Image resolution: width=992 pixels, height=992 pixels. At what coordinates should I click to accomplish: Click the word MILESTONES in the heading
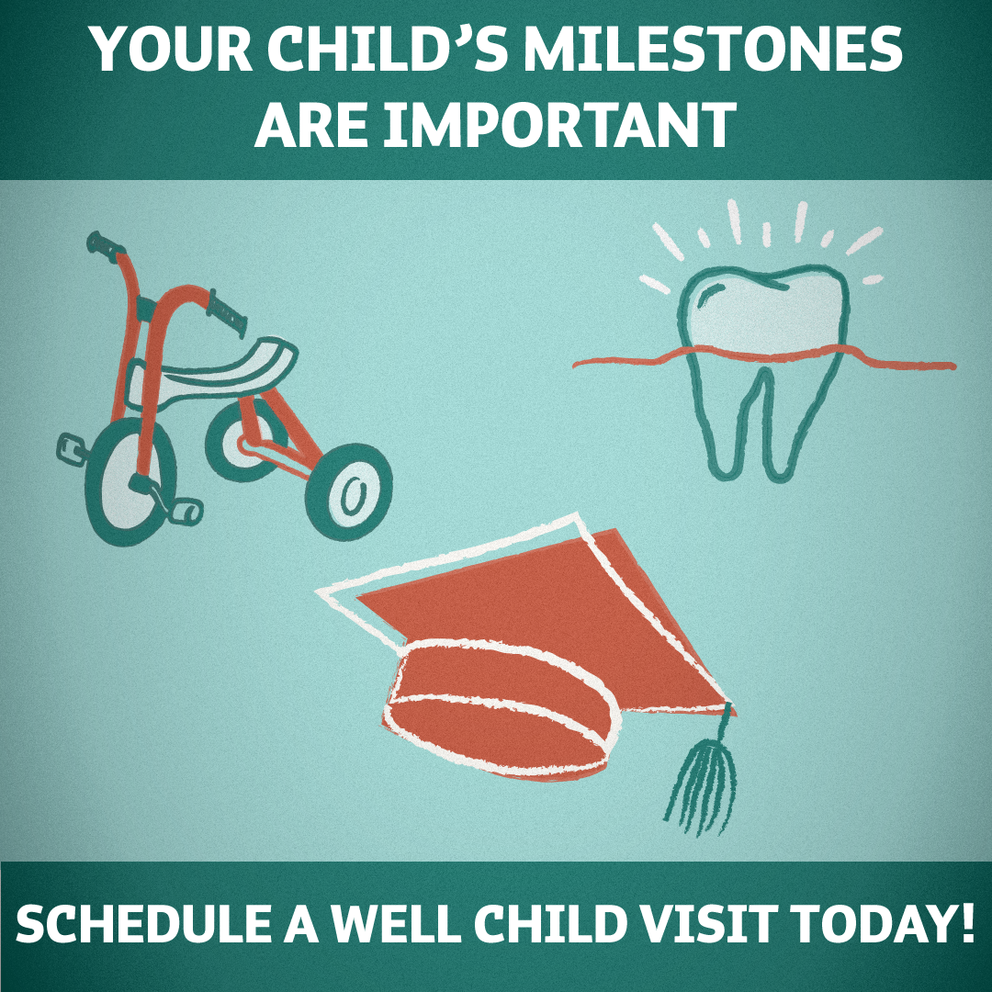pyautogui.click(x=713, y=49)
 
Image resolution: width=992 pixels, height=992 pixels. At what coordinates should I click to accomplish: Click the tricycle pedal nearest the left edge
pyautogui.click(x=72, y=448)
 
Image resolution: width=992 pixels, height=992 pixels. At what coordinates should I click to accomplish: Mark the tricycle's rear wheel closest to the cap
pyautogui.click(x=349, y=491)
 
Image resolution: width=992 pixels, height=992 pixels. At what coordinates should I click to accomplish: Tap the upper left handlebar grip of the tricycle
pyautogui.click(x=105, y=245)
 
